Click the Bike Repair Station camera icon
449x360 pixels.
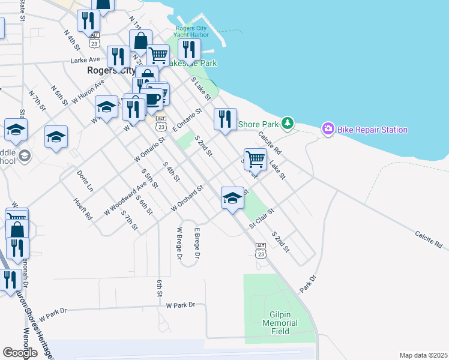tap(328, 128)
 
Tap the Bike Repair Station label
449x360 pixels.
tap(373, 130)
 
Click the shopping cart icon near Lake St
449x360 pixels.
tap(255, 158)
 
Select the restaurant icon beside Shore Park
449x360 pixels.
tap(225, 118)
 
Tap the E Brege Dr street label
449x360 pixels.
tap(196, 242)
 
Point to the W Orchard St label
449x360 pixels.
tap(188, 198)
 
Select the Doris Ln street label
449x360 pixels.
tap(85, 180)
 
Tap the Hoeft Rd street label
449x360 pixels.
tap(83, 208)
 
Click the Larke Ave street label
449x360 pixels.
tap(85, 60)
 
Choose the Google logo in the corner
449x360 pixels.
tap(20, 353)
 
